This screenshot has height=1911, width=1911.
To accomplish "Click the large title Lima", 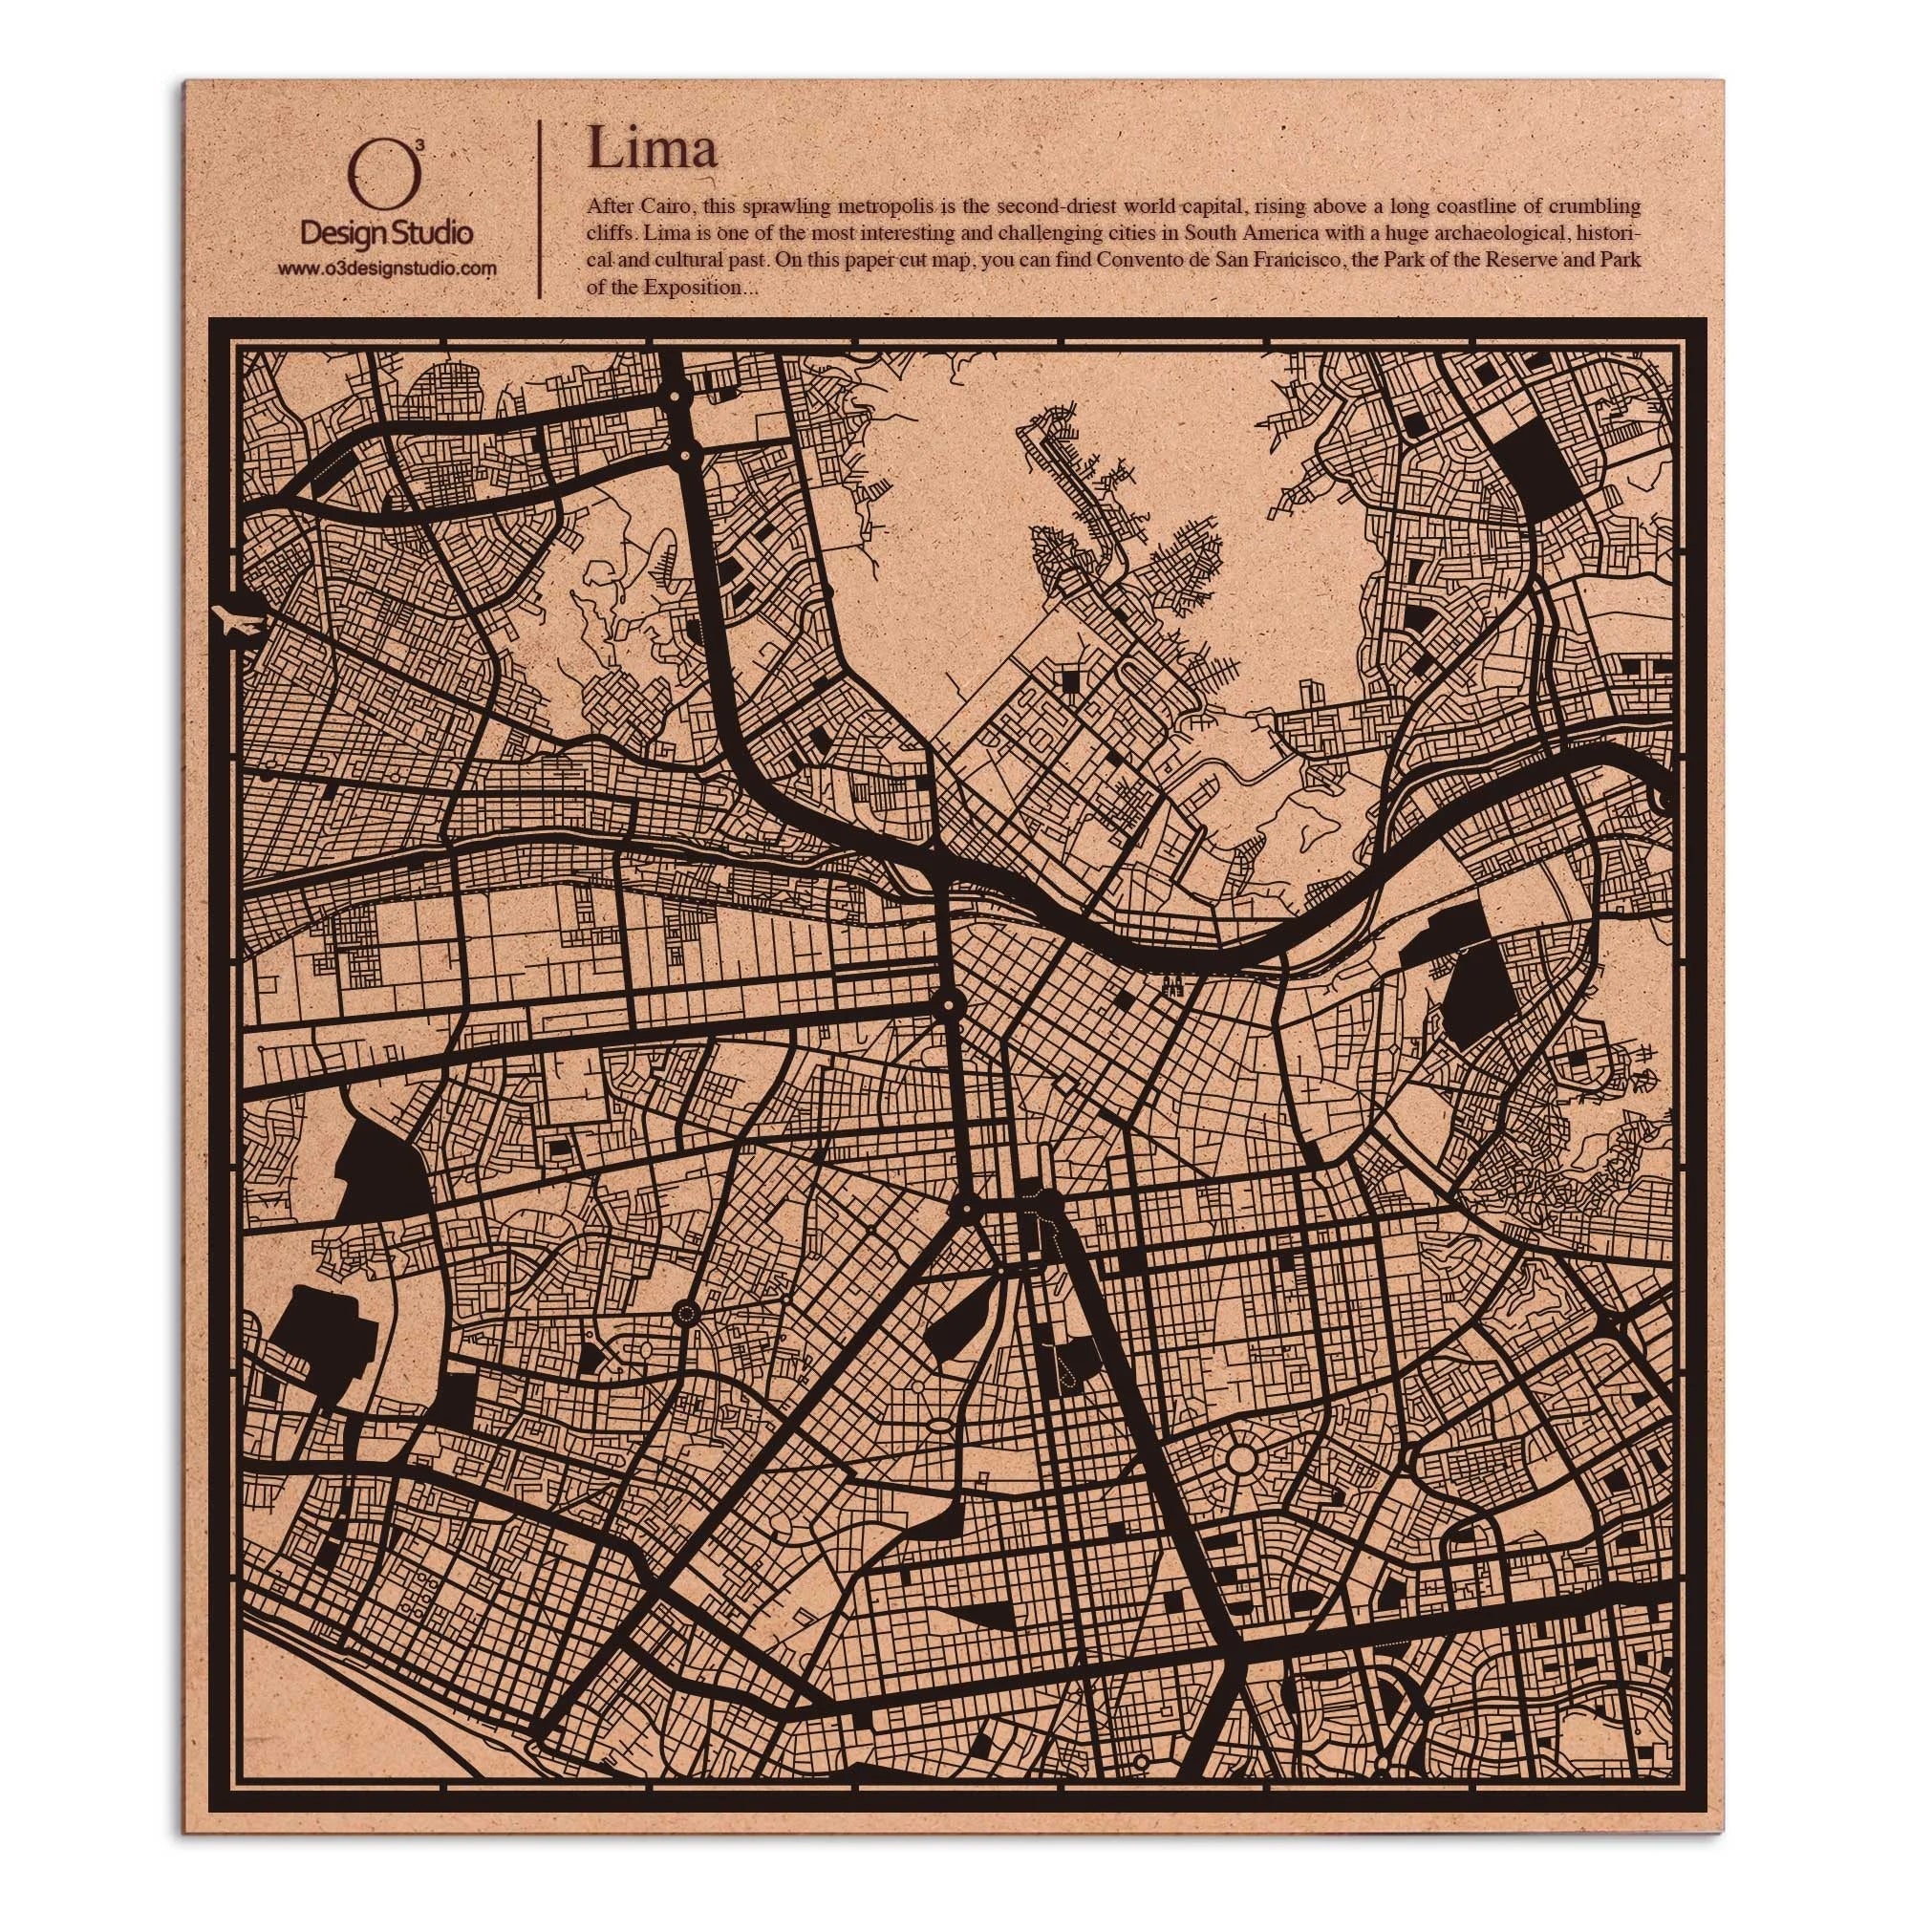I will [x=652, y=149].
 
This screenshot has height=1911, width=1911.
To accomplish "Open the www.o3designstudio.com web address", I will [x=387, y=268].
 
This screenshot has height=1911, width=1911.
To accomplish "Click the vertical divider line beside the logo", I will [x=539, y=208].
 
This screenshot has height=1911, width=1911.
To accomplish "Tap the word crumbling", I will [x=1601, y=207].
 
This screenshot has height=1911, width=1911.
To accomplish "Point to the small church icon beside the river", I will [x=1174, y=985].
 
